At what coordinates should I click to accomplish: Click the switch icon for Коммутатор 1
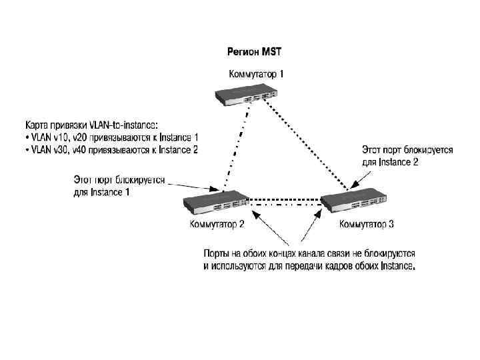(246, 95)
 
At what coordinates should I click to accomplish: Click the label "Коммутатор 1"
(256, 74)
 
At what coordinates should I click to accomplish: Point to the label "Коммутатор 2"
(217, 224)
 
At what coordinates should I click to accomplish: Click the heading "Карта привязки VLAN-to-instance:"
(92, 124)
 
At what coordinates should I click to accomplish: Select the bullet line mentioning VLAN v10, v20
(111, 137)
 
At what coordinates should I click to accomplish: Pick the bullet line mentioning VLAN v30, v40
(111, 150)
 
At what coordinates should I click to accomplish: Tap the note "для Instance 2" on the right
(389, 162)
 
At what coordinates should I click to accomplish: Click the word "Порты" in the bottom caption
(217, 254)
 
